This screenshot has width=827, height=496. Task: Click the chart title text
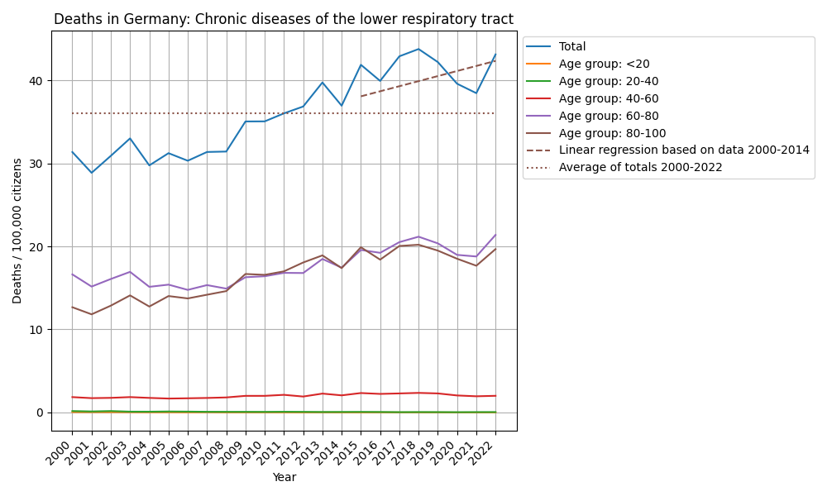coord(284,19)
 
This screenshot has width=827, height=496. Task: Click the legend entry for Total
coord(572,47)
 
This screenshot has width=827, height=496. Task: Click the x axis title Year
coord(284,477)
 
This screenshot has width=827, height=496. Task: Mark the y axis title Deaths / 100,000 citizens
coord(17,231)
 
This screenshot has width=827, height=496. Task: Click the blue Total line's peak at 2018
coord(418,50)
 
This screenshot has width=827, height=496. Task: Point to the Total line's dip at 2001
coord(92,173)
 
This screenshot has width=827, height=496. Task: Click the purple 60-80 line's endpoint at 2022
coord(495,235)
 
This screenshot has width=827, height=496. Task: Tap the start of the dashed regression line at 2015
coord(361,97)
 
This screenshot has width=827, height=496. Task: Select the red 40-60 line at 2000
coord(73,397)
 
